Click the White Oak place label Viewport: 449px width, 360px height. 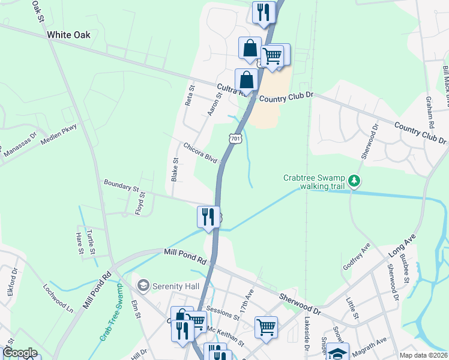(69, 35)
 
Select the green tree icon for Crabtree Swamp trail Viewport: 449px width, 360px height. (355, 179)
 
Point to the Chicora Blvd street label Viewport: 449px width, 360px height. (200, 153)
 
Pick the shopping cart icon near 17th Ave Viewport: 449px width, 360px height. (266, 327)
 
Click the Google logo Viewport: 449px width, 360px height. (20, 353)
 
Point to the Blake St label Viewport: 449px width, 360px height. (175, 170)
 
